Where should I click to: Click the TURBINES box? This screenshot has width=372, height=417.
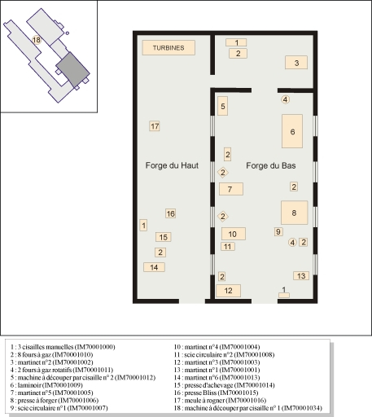point(168,48)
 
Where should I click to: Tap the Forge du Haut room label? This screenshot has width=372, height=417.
point(172,165)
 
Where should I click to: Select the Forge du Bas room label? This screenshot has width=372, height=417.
point(271,165)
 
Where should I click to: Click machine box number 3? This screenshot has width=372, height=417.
point(296,63)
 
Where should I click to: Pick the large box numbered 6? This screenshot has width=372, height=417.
point(292,131)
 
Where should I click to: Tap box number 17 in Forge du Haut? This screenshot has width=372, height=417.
point(155,126)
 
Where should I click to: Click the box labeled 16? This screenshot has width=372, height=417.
point(171,213)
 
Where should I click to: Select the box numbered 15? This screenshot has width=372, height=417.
point(164,237)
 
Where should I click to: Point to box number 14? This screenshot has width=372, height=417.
point(154,267)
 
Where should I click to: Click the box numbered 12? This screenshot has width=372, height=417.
point(229,291)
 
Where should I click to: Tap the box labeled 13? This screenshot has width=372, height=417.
point(301,276)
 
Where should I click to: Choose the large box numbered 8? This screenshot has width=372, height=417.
point(295,213)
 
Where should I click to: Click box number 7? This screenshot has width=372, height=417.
point(231,189)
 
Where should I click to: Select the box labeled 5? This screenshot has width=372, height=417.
point(223,106)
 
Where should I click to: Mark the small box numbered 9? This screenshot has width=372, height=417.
point(278,232)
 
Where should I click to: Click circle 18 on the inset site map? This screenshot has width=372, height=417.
point(37,40)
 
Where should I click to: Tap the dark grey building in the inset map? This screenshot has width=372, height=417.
point(72,70)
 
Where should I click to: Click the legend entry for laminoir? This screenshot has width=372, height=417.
point(46,385)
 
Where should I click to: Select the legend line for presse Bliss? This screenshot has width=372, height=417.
point(216,393)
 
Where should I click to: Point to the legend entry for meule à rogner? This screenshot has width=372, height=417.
point(220,400)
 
